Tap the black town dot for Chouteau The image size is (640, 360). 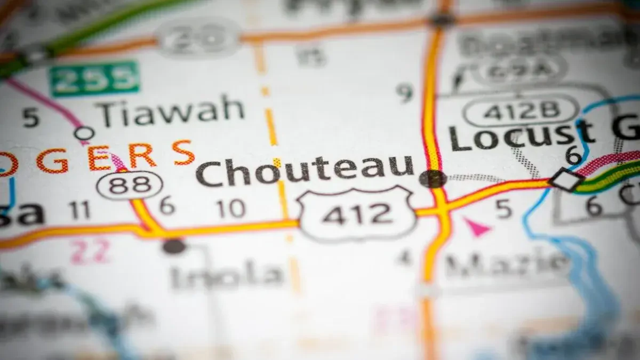(433, 179)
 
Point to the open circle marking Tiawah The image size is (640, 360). (84, 133)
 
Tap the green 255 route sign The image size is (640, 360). (94, 79)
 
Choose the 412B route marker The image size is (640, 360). (520, 110)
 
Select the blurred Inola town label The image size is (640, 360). (227, 275)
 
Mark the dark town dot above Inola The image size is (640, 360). (174, 246)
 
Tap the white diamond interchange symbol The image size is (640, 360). (566, 180)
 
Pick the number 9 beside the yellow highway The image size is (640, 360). (406, 93)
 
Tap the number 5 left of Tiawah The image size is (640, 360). (31, 118)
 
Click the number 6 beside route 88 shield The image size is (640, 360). (167, 205)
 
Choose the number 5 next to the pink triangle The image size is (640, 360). (503, 210)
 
